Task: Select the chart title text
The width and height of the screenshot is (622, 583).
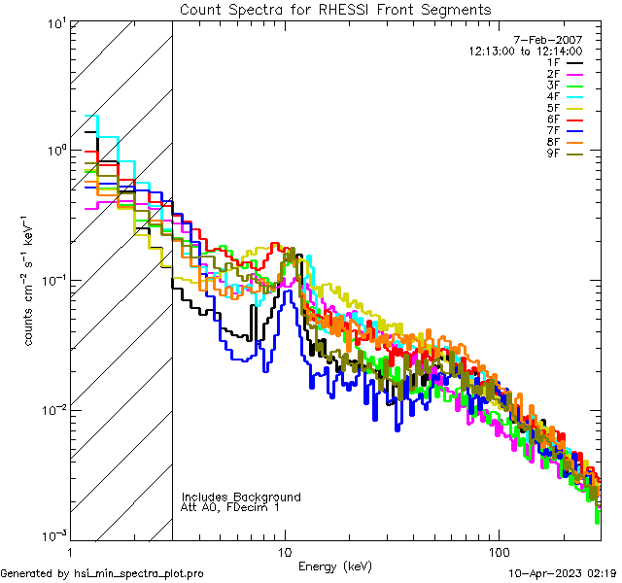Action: tap(335, 9)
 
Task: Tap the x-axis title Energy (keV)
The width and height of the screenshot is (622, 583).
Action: tap(335, 566)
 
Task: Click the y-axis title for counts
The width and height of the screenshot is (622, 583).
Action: tap(30, 280)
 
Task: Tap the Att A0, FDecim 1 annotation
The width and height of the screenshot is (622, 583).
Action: tap(230, 508)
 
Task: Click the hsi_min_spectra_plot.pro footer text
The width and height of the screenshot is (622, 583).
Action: tap(102, 574)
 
